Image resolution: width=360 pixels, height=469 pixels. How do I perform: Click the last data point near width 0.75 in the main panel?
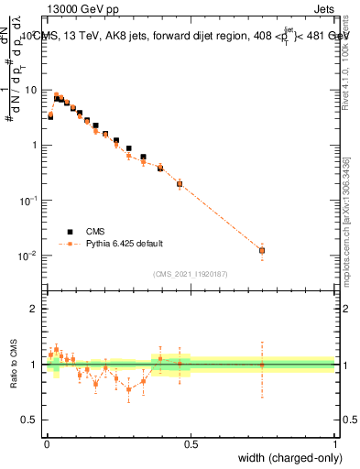(262, 250)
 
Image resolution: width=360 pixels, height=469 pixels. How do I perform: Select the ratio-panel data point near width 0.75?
(262, 365)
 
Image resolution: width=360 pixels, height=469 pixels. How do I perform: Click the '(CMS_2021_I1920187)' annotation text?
(191, 274)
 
